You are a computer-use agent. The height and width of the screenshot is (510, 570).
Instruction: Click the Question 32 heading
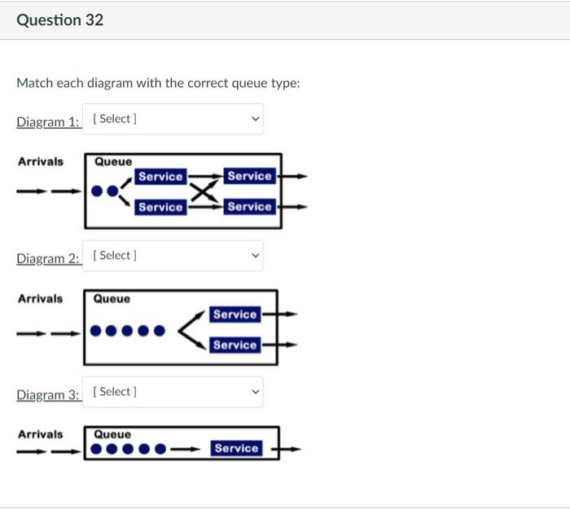pyautogui.click(x=60, y=20)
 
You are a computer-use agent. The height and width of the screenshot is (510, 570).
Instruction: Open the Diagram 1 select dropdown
pyautogui.click(x=173, y=119)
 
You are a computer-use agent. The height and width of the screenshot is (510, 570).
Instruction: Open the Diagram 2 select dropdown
pyautogui.click(x=173, y=256)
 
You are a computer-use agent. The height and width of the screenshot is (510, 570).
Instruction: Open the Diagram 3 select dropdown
pyautogui.click(x=173, y=392)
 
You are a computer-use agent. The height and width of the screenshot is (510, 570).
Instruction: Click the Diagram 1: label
pyautogui.click(x=48, y=121)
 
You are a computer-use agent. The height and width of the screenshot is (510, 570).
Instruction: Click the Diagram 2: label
pyautogui.click(x=48, y=258)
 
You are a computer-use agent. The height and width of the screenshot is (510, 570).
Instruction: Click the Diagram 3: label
pyautogui.click(x=48, y=394)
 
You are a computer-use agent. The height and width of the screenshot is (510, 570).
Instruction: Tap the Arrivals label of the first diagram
pyautogui.click(x=40, y=161)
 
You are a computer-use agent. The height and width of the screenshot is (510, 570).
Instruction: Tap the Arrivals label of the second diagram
pyautogui.click(x=40, y=298)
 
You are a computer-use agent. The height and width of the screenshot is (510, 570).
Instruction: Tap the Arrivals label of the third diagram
pyautogui.click(x=40, y=434)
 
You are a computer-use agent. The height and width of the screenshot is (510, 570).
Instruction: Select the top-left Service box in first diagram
pyautogui.click(x=160, y=177)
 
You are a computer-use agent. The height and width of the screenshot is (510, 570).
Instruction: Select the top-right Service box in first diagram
pyautogui.click(x=249, y=176)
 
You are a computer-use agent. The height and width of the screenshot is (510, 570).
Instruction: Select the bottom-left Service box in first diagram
pyautogui.click(x=160, y=207)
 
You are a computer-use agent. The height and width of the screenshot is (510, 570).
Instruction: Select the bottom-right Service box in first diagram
pyautogui.click(x=249, y=207)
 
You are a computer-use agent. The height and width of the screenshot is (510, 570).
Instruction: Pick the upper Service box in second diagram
pyautogui.click(x=235, y=314)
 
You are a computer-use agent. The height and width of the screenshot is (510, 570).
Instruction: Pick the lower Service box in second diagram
pyautogui.click(x=235, y=345)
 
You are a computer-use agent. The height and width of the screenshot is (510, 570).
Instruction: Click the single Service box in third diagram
pyautogui.click(x=236, y=448)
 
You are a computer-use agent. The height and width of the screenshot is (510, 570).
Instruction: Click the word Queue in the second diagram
pyautogui.click(x=112, y=299)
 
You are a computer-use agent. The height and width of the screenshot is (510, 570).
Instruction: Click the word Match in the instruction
pyautogui.click(x=34, y=83)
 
